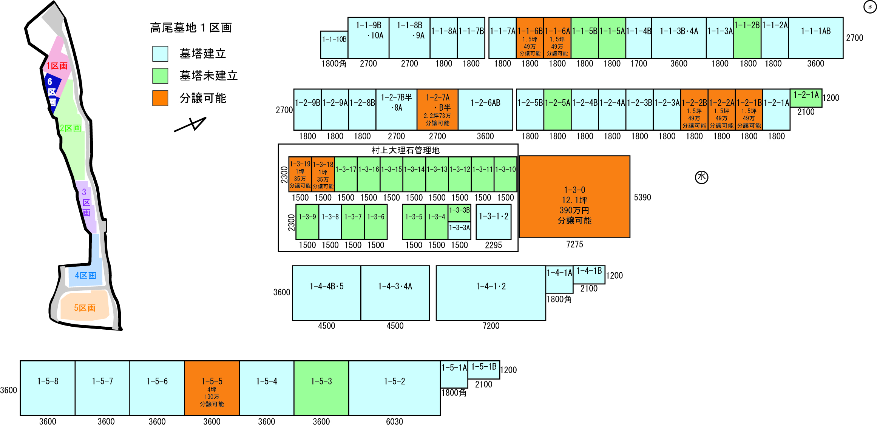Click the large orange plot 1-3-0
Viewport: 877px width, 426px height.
click(x=574, y=197)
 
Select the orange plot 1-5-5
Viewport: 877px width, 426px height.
click(x=212, y=388)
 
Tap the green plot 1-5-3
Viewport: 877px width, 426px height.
click(x=321, y=388)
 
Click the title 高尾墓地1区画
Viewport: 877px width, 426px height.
click(x=191, y=28)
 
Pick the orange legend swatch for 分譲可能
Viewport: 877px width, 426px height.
click(x=160, y=98)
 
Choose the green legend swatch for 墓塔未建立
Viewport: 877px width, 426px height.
click(x=160, y=76)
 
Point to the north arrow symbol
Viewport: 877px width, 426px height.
click(x=190, y=124)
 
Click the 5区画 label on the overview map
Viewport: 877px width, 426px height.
click(x=85, y=308)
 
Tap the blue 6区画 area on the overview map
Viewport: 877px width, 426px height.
click(x=52, y=93)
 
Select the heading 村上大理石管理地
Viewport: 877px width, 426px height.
click(x=406, y=150)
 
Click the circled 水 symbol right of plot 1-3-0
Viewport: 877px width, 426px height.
click(x=702, y=177)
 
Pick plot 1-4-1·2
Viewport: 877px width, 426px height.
click(x=491, y=293)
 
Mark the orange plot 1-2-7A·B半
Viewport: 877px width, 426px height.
click(x=437, y=110)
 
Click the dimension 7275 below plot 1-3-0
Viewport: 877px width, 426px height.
click(x=574, y=244)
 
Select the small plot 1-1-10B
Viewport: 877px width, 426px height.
click(x=334, y=45)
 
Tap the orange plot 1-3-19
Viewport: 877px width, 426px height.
click(x=300, y=174)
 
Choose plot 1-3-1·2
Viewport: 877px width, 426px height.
click(x=494, y=222)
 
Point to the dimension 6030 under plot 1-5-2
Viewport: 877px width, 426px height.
click(x=394, y=421)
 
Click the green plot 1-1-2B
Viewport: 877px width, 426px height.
click(x=747, y=38)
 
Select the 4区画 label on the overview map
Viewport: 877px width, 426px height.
click(x=86, y=275)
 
